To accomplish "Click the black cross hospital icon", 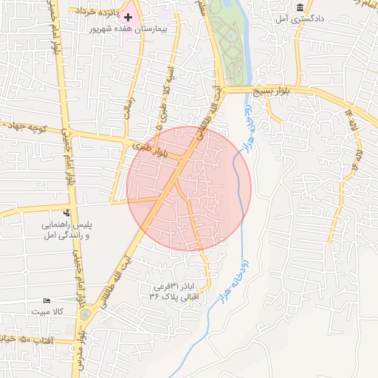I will [x=128, y=16].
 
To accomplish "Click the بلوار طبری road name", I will [x=150, y=151].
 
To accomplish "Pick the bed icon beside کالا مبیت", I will [x=48, y=301].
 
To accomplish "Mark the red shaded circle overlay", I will [x=189, y=188].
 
